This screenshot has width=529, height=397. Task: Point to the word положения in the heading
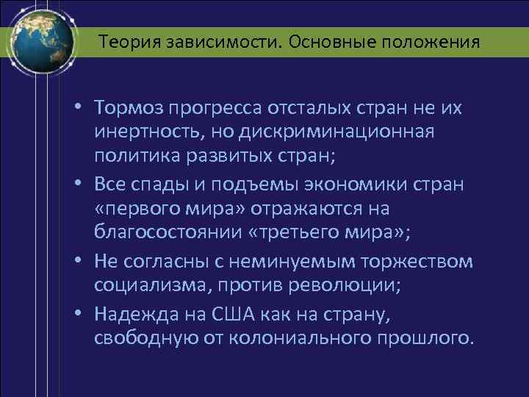pyautogui.click(x=433, y=42)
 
